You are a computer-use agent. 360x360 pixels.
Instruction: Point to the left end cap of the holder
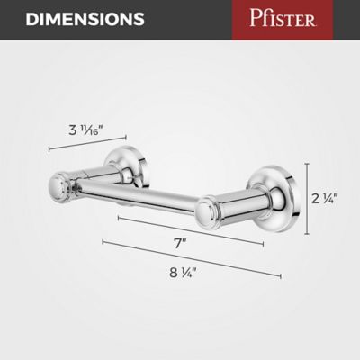coord(57,186)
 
